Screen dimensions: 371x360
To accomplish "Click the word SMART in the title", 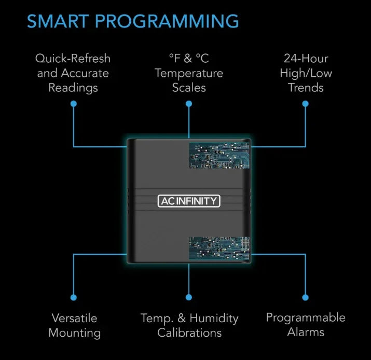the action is tap(58, 21).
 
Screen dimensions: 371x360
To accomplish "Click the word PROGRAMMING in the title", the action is tap(167, 21).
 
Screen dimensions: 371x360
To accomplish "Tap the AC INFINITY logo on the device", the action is tap(189, 201).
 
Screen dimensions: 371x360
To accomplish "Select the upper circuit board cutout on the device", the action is tap(219, 156).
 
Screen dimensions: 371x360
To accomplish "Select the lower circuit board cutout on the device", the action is tap(219, 248).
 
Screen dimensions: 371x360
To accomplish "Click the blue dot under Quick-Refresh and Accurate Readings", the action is tap(74, 104).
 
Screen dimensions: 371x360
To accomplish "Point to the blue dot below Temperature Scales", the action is tap(189, 104).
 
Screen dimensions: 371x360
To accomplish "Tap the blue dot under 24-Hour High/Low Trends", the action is tap(306, 104).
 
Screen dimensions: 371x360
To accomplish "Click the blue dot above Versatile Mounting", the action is tap(74, 297).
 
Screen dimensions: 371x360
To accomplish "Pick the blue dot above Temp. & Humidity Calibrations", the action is tap(189, 297).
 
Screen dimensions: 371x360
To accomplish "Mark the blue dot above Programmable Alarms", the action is tap(306, 297).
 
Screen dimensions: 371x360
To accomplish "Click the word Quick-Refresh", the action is tap(73, 59).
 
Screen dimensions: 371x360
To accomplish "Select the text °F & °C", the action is tap(189, 58).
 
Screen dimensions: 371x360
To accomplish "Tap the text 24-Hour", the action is tap(306, 58).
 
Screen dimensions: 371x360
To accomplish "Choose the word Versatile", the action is tap(74, 318).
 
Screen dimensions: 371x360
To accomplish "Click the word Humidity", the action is tap(214, 319).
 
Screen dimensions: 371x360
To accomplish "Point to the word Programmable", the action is tap(306, 318).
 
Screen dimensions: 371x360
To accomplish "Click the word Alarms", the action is tap(306, 332).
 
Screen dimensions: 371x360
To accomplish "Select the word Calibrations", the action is tap(189, 333).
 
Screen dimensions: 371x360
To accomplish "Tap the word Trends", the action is tap(306, 88).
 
